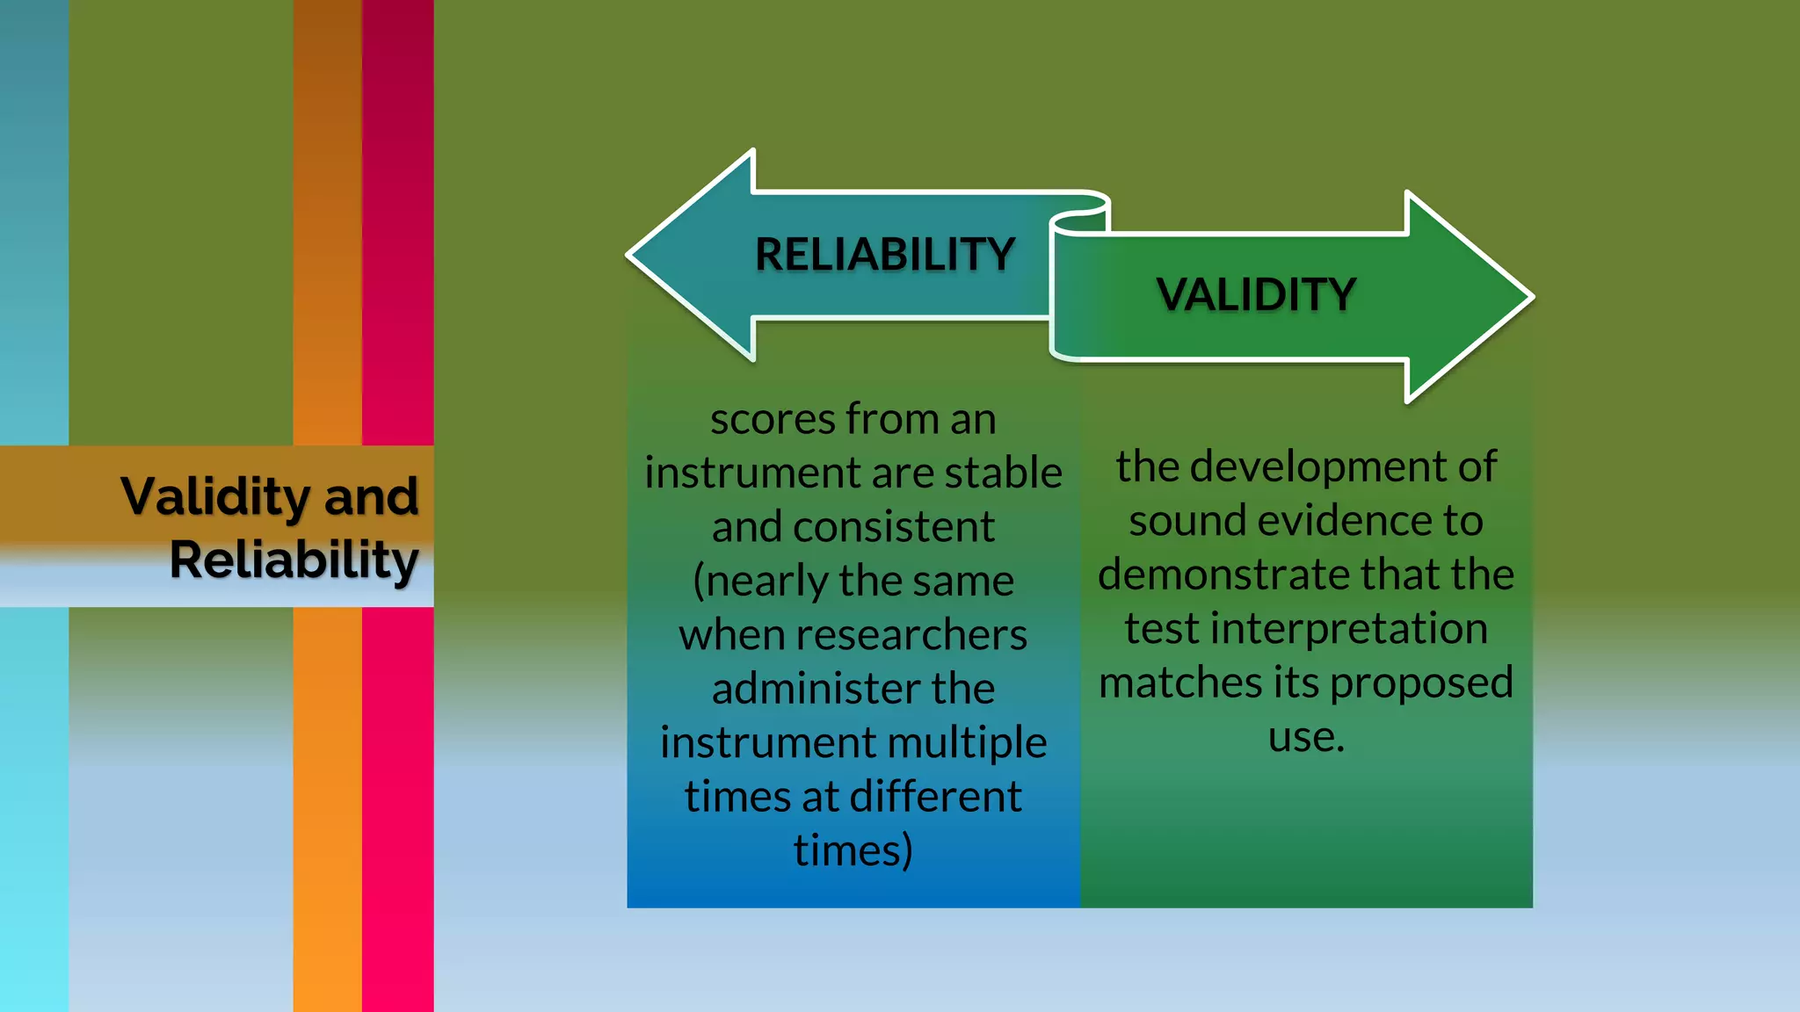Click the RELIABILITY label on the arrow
(x=884, y=255)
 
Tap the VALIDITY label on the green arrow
(x=1256, y=294)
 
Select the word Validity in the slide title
(x=214, y=497)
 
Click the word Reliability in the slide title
(x=294, y=560)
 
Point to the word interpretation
(x=1354, y=629)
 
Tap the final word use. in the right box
(x=1305, y=737)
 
